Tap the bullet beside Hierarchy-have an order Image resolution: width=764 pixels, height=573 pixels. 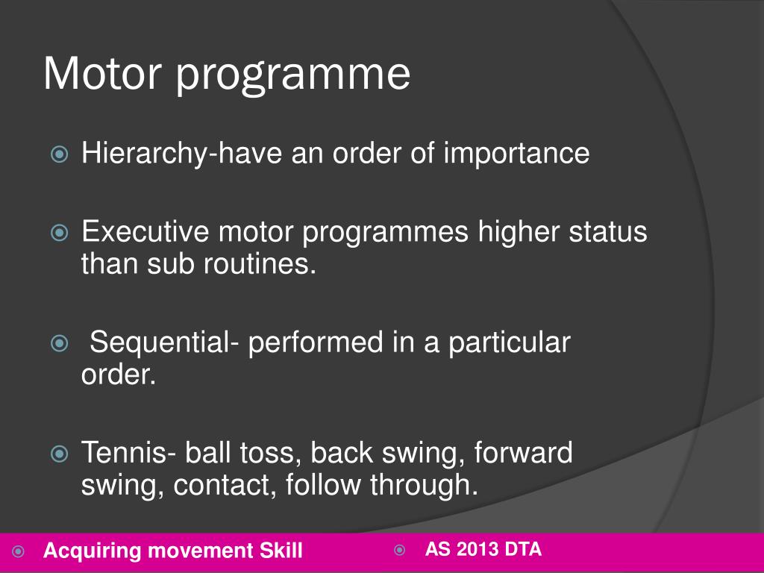pyautogui.click(x=59, y=155)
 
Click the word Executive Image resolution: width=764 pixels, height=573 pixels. pyautogui.click(x=145, y=232)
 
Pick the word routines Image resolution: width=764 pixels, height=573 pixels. pyautogui.click(x=257, y=264)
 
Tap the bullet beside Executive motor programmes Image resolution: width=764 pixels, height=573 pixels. pyautogui.click(x=59, y=233)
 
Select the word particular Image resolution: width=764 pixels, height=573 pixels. pyautogui.click(x=509, y=343)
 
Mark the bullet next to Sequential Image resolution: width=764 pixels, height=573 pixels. pyautogui.click(x=59, y=344)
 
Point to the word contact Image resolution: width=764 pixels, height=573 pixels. pyautogui.click(x=227, y=485)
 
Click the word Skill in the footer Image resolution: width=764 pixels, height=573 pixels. pyautogui.click(x=281, y=551)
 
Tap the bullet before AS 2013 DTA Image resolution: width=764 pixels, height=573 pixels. pyautogui.click(x=399, y=551)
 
